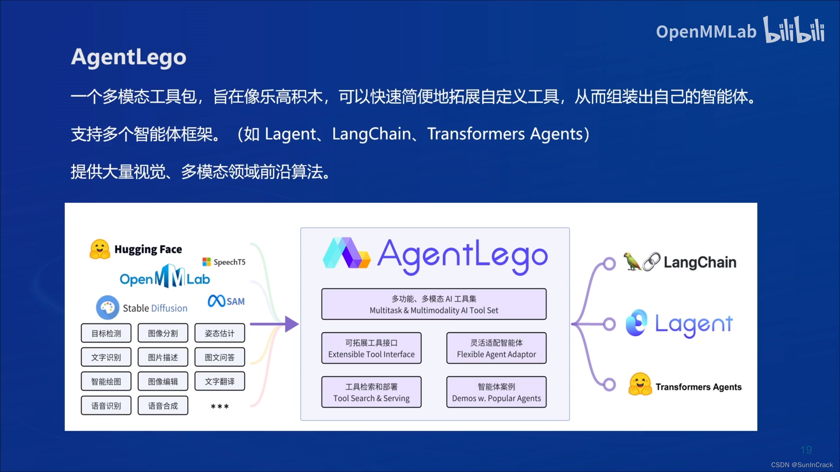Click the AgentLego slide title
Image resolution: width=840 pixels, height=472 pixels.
point(129,57)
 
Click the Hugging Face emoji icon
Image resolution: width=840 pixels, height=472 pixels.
point(100,249)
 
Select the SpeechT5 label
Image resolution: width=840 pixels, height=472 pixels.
point(229,262)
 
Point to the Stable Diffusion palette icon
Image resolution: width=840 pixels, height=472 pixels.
point(107,308)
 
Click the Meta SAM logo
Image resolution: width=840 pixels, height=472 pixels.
point(226,301)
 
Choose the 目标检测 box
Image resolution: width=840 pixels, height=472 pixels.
point(106,333)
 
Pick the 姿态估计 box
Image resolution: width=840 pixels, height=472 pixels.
point(220,333)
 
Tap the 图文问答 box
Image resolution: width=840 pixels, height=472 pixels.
point(220,357)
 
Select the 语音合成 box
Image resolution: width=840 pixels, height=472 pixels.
point(163,406)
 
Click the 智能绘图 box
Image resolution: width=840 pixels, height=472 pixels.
point(106,382)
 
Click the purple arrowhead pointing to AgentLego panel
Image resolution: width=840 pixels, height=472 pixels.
point(291,324)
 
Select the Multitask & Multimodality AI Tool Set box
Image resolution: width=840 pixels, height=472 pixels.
point(434,304)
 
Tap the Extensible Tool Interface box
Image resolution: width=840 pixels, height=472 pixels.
point(371,348)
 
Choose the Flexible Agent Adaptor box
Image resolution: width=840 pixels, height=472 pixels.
point(496,348)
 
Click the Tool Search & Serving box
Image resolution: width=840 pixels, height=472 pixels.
point(371,392)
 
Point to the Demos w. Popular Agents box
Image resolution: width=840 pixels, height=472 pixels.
point(496,392)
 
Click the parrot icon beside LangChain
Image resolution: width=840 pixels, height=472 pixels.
point(632,261)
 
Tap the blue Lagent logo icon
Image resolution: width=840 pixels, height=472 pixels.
point(637,323)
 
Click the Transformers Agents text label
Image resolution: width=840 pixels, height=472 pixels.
point(698,387)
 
